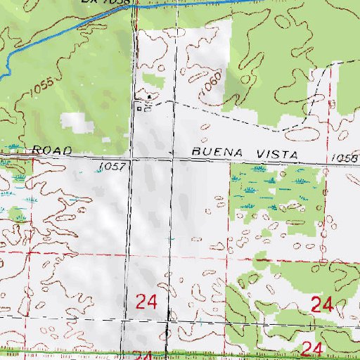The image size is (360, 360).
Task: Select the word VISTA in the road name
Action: (274, 154)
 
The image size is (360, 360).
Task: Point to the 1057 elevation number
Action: (112, 167)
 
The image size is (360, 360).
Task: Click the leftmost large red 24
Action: (146, 303)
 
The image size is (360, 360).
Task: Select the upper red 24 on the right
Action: (321, 304)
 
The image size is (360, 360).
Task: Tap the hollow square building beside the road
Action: (140, 108)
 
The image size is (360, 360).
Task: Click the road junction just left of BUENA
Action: (175, 159)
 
